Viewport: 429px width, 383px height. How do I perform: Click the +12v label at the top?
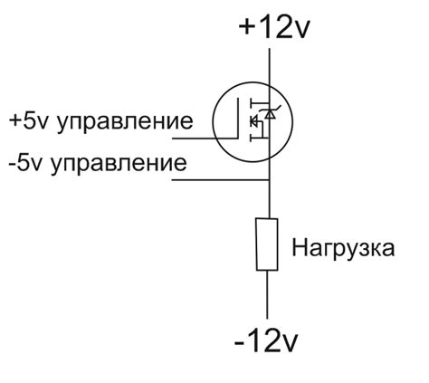pos(274,26)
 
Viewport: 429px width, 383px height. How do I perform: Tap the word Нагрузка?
pos(343,249)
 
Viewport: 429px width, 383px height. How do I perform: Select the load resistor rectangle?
pos(267,244)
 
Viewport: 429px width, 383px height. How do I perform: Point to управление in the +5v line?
pos(125,122)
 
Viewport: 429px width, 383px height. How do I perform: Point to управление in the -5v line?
pos(119,164)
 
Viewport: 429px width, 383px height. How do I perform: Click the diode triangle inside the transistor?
pos(270,114)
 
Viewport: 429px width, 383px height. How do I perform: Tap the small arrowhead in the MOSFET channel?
pos(253,121)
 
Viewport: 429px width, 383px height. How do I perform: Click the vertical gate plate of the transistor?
pos(238,118)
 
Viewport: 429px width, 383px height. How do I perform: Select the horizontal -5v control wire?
pos(220,180)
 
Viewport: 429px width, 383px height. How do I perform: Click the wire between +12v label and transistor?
pos(270,66)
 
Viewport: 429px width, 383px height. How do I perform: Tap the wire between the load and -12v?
pos(267,294)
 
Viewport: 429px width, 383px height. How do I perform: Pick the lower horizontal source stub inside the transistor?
pos(260,139)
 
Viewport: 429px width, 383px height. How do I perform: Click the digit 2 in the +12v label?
pos(281,26)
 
